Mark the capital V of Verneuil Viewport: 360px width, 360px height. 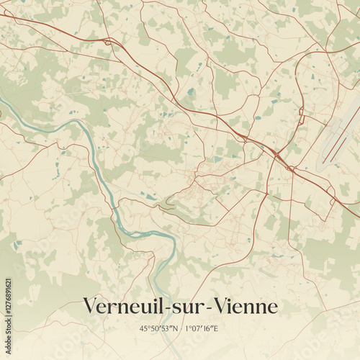coord(89,306)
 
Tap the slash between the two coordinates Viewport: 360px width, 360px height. coord(180,328)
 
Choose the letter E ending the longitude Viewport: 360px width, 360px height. coord(215,328)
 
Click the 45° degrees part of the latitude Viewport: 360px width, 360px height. coord(145,328)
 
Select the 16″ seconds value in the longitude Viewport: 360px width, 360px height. coord(207,328)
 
